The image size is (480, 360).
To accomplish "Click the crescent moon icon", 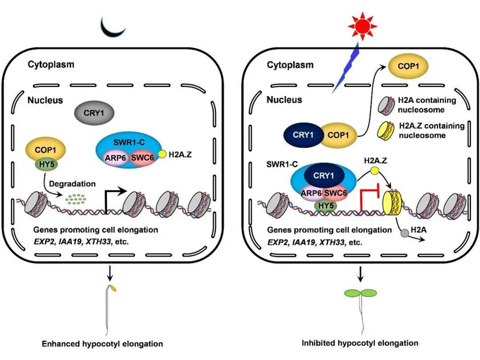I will (x=112, y=27).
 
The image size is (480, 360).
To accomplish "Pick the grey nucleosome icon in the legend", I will (x=394, y=108).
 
